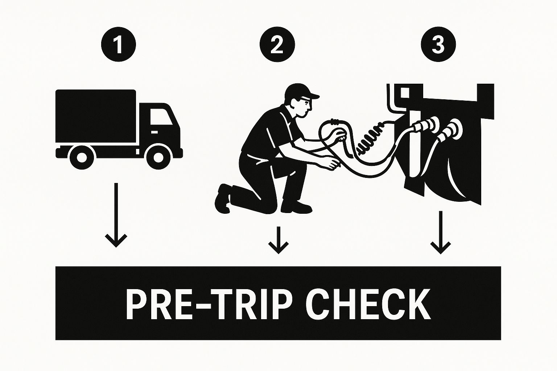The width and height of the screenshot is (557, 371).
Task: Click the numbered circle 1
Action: [119, 45]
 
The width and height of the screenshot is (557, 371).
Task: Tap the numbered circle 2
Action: [277, 45]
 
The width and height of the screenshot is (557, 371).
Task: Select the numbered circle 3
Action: [438, 45]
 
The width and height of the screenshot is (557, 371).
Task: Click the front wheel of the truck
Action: [158, 157]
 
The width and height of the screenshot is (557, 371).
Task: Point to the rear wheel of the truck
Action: [82, 157]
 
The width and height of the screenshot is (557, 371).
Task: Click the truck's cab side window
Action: [161, 117]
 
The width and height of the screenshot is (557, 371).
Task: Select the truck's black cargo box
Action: [96, 116]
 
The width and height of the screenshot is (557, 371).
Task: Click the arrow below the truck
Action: [116, 215]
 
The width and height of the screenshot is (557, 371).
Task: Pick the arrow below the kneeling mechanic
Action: [278, 240]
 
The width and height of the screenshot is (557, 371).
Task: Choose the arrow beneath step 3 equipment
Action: [441, 233]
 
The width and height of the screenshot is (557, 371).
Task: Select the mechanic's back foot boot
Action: [223, 199]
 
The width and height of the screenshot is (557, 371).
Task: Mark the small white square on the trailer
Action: [405, 92]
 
